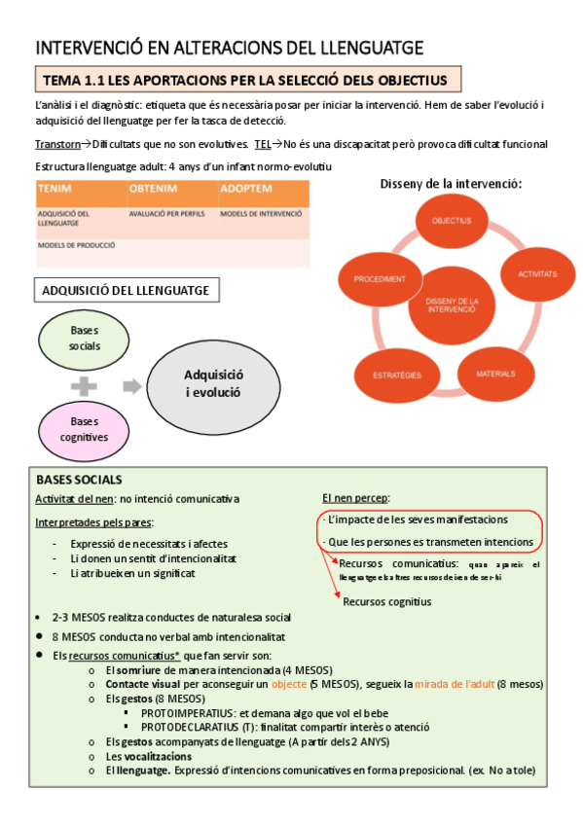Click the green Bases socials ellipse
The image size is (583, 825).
pos(84,339)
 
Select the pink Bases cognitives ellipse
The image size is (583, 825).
pos(84,429)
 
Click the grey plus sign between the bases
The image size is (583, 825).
pos(84,385)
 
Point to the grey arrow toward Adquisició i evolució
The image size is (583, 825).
pos(130,386)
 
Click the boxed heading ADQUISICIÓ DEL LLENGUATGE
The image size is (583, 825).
pos(126,290)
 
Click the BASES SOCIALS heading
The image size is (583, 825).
pos(79,480)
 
